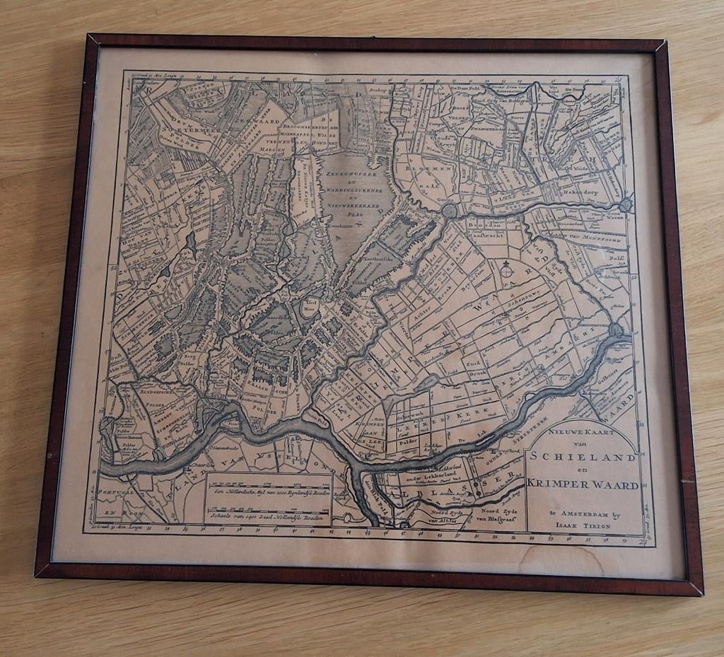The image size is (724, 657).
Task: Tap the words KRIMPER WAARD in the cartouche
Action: click(x=583, y=484)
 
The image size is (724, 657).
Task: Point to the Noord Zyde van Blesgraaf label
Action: click(x=499, y=515)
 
